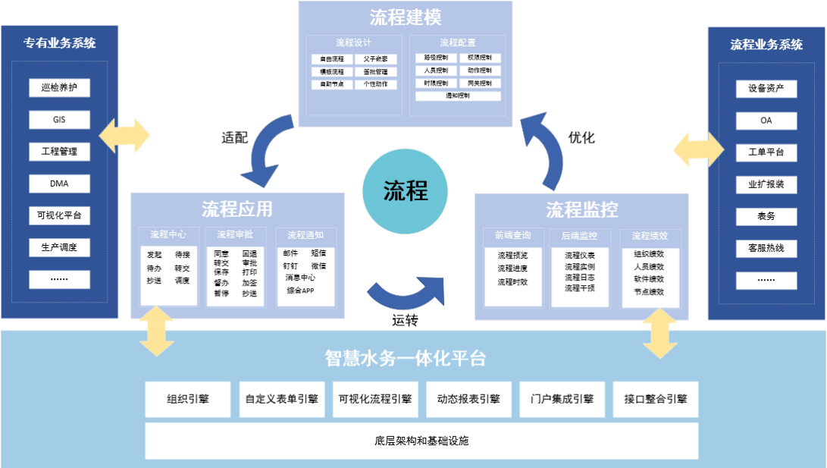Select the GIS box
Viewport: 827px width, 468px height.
click(60, 120)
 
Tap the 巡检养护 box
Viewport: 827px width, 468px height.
click(60, 88)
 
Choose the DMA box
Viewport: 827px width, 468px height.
click(60, 184)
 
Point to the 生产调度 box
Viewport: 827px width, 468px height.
click(60, 247)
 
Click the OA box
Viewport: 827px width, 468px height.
click(766, 121)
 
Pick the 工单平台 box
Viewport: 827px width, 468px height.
click(766, 152)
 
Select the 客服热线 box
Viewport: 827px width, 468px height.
click(766, 248)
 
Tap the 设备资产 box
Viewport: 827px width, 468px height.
click(766, 89)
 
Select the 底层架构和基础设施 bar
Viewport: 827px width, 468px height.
click(421, 441)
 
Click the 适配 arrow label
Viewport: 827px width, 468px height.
click(235, 138)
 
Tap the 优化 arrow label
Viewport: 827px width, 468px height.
click(581, 138)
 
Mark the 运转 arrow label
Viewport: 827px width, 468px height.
click(406, 319)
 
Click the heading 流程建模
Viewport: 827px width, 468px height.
click(406, 17)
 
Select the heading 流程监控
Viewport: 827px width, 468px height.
click(581, 209)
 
